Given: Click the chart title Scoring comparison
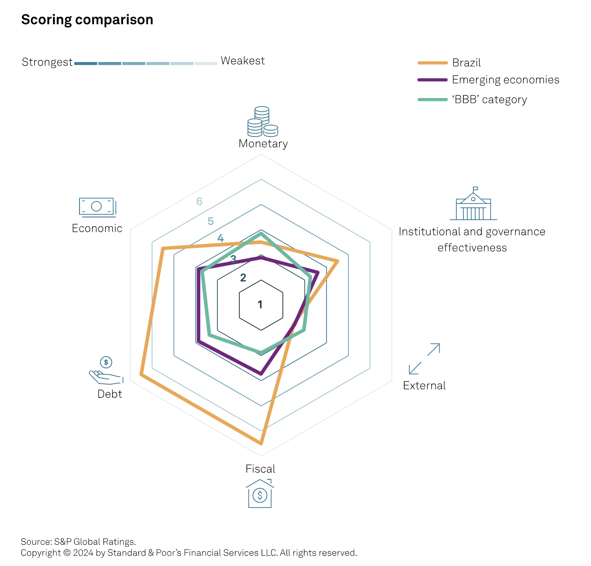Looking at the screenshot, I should tap(87, 20).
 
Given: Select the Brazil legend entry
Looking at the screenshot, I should tap(466, 63).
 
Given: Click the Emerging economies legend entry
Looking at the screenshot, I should tap(505, 80).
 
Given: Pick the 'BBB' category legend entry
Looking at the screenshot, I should tap(489, 100).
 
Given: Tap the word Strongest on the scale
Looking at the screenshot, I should tap(47, 62).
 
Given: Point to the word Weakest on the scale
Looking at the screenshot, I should tap(243, 61).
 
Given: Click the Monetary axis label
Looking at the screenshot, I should tap(263, 144).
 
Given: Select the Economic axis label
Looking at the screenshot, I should tap(97, 228).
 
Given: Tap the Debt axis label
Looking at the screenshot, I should tap(110, 394).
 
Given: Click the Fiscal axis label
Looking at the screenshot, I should tap(260, 469).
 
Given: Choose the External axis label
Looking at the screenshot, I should tap(424, 385).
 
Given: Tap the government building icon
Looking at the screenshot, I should tap(473, 204).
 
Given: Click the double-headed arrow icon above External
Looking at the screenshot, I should tap(424, 358).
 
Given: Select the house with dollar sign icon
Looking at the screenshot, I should tap(260, 494).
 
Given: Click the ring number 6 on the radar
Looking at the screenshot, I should tap(199, 201).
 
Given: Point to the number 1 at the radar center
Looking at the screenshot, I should tap(260, 305).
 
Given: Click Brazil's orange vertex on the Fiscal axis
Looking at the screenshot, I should tap(261, 443).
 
